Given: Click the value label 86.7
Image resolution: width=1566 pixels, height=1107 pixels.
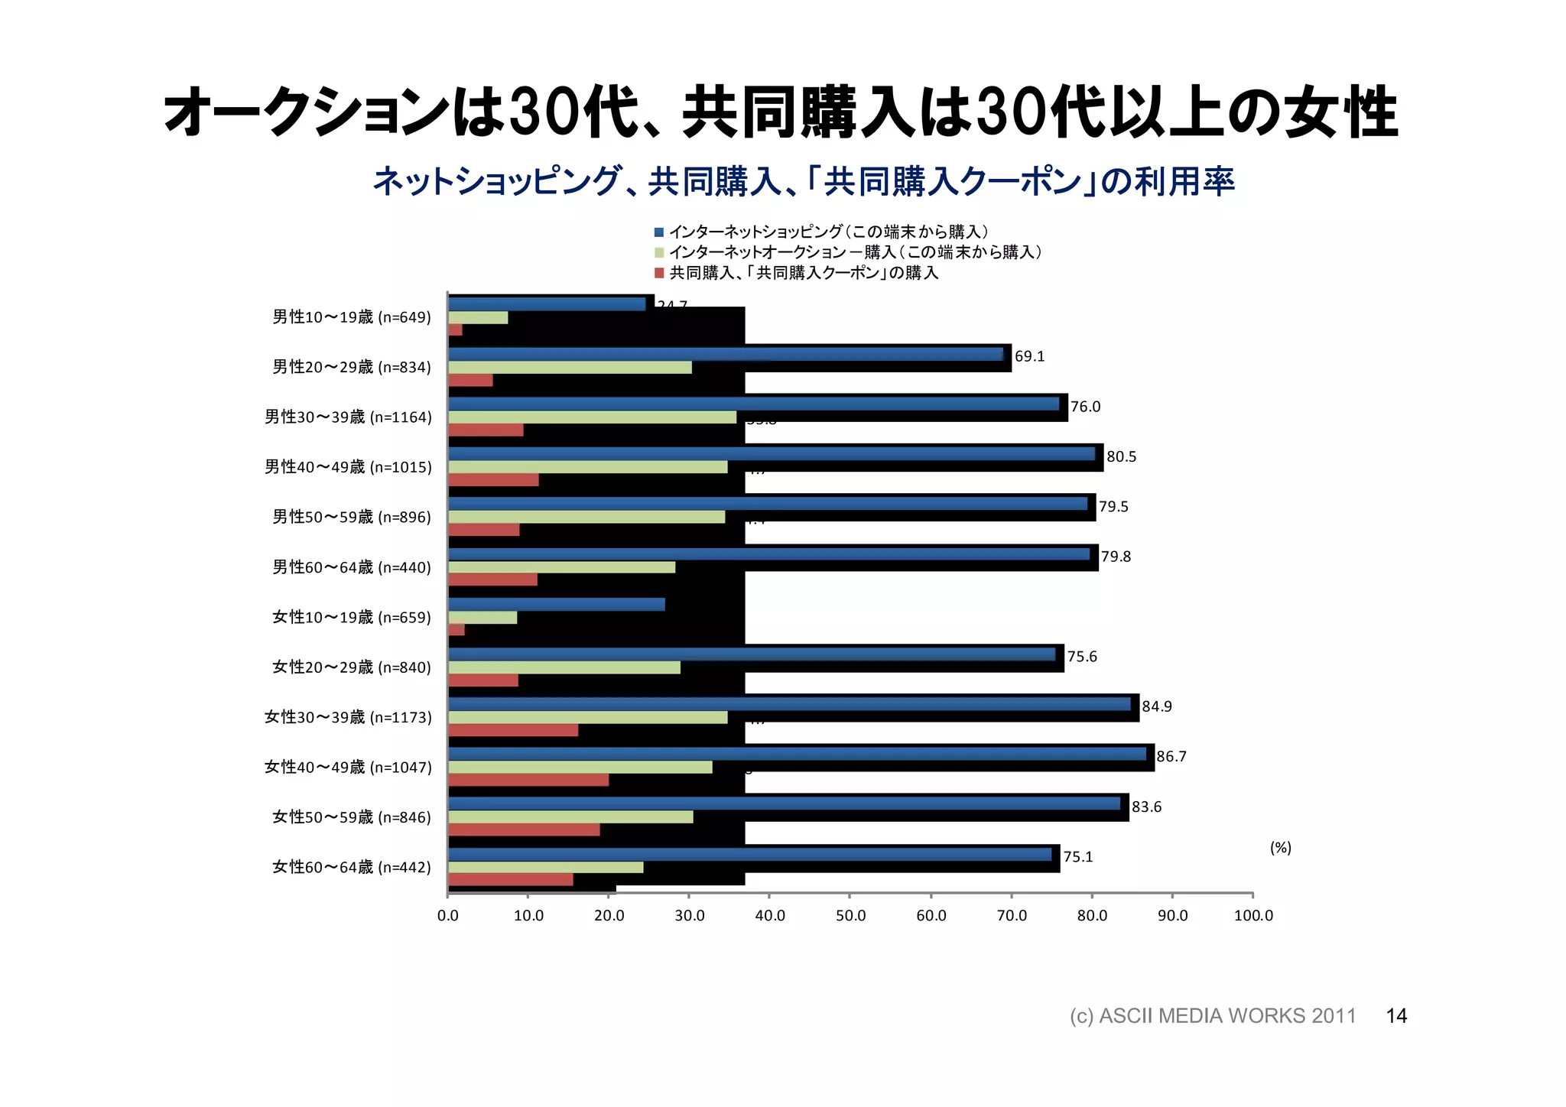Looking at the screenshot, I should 1171,757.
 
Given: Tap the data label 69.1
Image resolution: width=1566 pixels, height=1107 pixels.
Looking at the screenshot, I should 1029,356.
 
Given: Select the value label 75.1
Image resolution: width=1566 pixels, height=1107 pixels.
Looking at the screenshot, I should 1077,857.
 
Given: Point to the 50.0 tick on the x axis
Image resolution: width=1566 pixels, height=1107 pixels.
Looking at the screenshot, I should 850,916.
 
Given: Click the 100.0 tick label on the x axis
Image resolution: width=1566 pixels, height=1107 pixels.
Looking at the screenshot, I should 1252,916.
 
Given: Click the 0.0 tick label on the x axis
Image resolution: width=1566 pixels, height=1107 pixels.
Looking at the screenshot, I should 447,916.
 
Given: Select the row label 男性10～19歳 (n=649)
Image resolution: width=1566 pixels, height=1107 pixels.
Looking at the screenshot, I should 352,317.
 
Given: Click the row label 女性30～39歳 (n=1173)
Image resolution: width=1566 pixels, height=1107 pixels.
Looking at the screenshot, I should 348,717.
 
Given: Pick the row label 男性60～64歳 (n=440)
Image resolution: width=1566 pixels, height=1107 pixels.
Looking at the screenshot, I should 352,567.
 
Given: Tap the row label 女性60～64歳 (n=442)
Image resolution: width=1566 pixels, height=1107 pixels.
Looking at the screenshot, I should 352,867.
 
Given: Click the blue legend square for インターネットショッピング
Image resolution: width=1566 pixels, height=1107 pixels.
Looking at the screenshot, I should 659,232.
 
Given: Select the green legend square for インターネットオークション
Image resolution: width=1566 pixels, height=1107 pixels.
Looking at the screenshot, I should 659,252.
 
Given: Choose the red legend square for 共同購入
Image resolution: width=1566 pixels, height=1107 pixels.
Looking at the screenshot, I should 659,273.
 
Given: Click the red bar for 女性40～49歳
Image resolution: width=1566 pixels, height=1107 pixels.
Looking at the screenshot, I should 528,780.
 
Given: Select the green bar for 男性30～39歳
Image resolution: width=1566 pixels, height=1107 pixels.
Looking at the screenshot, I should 592,417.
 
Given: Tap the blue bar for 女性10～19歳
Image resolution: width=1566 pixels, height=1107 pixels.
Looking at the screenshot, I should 556,605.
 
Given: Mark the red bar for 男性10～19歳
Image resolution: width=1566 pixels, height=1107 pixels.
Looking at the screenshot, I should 455,330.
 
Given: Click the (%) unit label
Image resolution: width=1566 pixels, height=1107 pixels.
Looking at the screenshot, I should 1280,847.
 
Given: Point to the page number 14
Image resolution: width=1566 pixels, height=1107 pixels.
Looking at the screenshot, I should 1396,1016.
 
